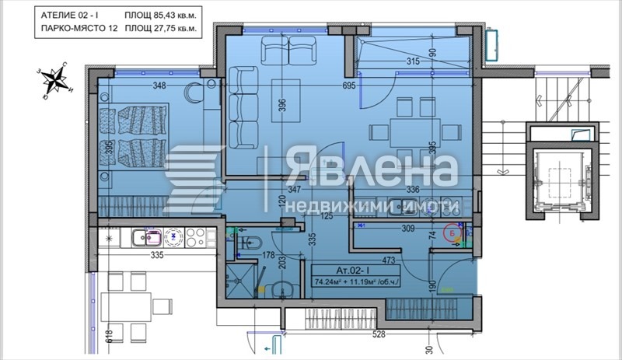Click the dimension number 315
[x=413, y=62]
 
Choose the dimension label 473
[x=390, y=262]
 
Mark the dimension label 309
[x=407, y=229]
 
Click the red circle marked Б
[x=450, y=232]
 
